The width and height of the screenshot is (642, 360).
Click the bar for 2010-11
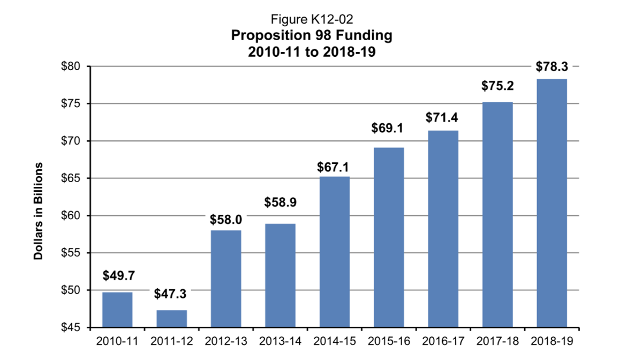pyautogui.click(x=117, y=309)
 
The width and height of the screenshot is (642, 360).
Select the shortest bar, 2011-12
pyautogui.click(x=172, y=318)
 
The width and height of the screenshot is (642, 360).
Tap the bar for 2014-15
pyautogui.click(x=335, y=252)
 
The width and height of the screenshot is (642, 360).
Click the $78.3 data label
pyautogui.click(x=552, y=67)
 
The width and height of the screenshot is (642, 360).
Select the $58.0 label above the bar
pyautogui.click(x=226, y=220)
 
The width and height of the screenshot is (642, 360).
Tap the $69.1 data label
pyautogui.click(x=389, y=129)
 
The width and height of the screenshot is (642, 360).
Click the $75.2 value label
pyautogui.click(x=497, y=86)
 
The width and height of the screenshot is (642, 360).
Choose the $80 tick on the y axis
pyautogui.click(x=72, y=67)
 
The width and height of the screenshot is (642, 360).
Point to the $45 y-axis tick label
pyautogui.click(x=72, y=327)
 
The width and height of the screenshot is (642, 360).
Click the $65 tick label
pyautogui.click(x=72, y=178)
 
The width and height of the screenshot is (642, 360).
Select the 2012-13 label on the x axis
pyautogui.click(x=226, y=341)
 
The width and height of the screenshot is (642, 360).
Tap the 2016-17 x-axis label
pyautogui.click(x=443, y=341)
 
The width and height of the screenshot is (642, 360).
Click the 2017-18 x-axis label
pyautogui.click(x=497, y=341)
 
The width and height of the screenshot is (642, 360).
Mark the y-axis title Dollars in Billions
pyautogui.click(x=39, y=210)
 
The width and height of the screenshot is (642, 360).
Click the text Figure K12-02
pyautogui.click(x=312, y=20)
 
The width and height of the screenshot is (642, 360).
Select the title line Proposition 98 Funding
pyautogui.click(x=312, y=36)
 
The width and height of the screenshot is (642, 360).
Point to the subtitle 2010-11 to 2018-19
pyautogui.click(x=312, y=52)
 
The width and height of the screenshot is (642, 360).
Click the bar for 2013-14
pyautogui.click(x=280, y=275)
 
